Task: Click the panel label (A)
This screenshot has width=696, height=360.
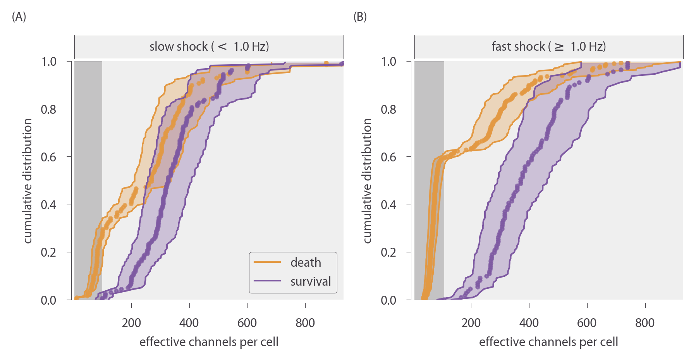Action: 19,17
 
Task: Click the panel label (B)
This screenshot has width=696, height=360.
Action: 360,17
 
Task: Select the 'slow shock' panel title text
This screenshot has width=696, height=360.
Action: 209,47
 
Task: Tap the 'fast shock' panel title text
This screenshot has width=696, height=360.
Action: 549,47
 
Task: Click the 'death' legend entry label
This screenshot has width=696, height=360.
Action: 306,262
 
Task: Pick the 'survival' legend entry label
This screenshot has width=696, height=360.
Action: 311,281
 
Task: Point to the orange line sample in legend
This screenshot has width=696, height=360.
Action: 267,262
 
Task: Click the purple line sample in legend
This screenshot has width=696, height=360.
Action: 267,281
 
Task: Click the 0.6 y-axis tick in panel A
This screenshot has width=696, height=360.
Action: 49,157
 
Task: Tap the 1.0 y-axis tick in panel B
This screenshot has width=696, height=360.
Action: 388,62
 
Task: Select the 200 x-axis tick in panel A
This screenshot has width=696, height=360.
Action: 131,323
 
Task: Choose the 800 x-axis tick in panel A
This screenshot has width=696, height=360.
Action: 305,323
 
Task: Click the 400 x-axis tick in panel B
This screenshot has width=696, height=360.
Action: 529,323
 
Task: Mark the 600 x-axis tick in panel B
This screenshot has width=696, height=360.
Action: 587,323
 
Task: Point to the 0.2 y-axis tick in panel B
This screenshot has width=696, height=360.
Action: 388,252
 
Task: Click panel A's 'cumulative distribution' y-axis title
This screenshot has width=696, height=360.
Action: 27,181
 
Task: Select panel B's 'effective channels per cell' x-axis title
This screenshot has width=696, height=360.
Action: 548,342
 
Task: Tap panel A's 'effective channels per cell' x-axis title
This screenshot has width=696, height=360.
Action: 209,342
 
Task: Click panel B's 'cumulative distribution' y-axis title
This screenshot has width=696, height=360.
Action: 367,181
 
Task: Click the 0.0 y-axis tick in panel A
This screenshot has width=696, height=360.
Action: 49,300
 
